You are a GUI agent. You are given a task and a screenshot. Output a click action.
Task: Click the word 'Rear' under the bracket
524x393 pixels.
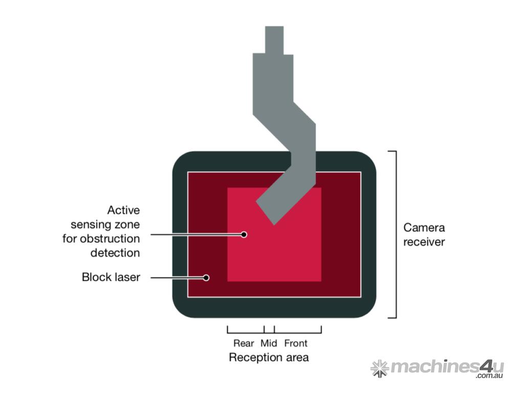[x=244, y=343]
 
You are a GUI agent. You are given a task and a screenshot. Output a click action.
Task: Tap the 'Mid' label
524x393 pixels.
[x=269, y=343]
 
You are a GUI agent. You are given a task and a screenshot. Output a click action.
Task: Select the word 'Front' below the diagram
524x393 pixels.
[x=296, y=343]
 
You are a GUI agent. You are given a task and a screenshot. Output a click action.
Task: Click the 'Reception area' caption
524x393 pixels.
[x=269, y=357]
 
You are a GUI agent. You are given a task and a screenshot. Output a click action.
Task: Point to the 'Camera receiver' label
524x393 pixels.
[x=424, y=234]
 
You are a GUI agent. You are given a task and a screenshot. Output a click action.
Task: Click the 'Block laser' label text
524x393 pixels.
[x=111, y=277]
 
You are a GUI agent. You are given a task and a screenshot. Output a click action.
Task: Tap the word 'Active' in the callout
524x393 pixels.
[x=123, y=210]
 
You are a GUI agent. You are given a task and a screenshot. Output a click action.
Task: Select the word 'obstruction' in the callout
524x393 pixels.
[x=115, y=238]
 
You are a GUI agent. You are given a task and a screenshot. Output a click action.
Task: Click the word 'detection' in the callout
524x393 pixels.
[x=115, y=252]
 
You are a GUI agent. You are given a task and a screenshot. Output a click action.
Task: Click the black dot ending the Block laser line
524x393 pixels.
[x=206, y=278]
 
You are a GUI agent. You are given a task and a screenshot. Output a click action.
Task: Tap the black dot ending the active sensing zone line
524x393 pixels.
[x=244, y=234]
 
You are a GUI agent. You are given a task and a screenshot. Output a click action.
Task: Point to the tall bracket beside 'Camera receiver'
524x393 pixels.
[x=395, y=234]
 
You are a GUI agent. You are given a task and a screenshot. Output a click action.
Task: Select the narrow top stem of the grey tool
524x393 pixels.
[x=274, y=40]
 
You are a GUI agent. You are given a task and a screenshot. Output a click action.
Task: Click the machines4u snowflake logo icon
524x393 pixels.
[x=379, y=368]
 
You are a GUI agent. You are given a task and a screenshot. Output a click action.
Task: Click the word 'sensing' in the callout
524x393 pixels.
[x=105, y=224]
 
